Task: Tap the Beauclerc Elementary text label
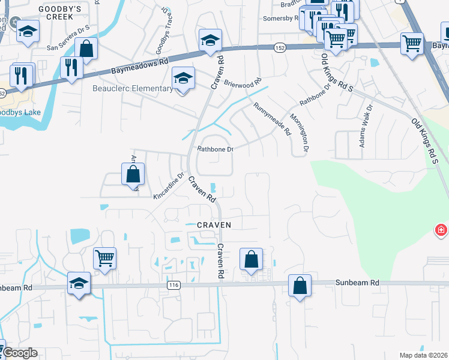(x=133, y=89)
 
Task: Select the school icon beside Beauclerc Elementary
(x=184, y=78)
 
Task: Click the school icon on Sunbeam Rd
(x=79, y=284)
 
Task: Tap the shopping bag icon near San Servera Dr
(x=86, y=49)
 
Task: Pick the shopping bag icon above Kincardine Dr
(x=133, y=175)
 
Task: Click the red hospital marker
(x=441, y=230)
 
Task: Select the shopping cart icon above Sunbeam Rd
(x=104, y=258)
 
